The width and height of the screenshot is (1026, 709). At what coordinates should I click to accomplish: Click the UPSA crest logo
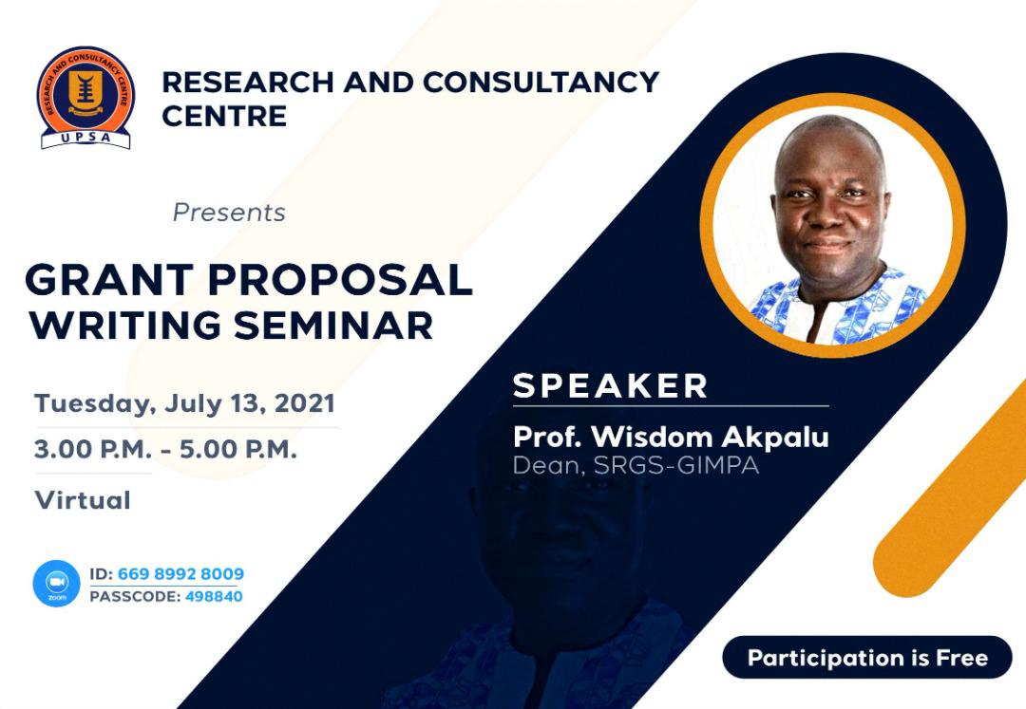pyautogui.click(x=85, y=98)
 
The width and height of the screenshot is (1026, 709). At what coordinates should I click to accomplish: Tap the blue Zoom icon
pyautogui.click(x=56, y=583)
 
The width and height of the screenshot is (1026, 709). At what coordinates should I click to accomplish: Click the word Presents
pyautogui.click(x=229, y=213)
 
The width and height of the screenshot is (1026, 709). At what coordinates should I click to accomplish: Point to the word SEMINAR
pyautogui.click(x=333, y=325)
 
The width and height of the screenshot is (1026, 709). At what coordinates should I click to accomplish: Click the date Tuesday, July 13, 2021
pyautogui.click(x=184, y=403)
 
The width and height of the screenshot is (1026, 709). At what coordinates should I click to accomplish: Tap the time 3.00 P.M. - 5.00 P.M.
pyautogui.click(x=165, y=450)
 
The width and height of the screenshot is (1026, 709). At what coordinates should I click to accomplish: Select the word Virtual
pyautogui.click(x=83, y=500)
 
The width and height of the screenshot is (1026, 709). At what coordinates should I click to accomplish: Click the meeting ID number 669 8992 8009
pyautogui.click(x=180, y=573)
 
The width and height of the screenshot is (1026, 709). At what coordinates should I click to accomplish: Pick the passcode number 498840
pyautogui.click(x=214, y=597)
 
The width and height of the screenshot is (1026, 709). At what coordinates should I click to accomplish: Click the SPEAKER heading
pyautogui.click(x=611, y=385)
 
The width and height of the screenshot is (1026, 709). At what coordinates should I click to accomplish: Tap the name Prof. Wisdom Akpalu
pyautogui.click(x=671, y=438)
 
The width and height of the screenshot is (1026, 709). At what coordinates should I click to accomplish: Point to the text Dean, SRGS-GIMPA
pyautogui.click(x=636, y=465)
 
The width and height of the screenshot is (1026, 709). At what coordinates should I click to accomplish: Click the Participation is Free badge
pyautogui.click(x=867, y=657)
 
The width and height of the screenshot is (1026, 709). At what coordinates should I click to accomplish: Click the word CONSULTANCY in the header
pyautogui.click(x=541, y=83)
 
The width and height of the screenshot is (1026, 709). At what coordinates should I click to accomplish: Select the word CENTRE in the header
pyautogui.click(x=224, y=117)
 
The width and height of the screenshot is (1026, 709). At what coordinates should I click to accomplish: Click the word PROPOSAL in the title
pyautogui.click(x=339, y=280)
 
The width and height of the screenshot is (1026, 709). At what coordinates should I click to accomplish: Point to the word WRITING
pyautogui.click(x=124, y=325)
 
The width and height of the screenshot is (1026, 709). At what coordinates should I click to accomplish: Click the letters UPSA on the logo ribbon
pyautogui.click(x=85, y=138)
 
